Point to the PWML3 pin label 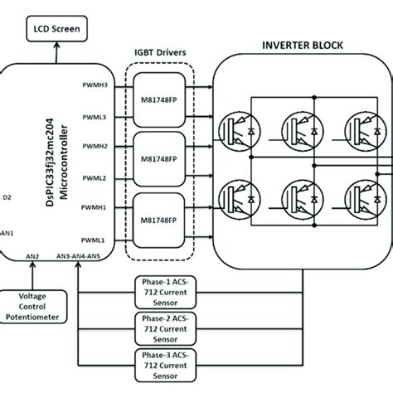[90, 118]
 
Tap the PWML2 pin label [90, 177]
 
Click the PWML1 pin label [90, 238]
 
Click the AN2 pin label [34, 255]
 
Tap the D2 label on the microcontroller [7, 196]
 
